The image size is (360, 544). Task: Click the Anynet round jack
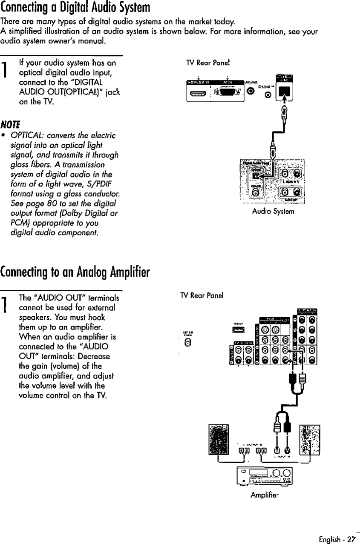[251, 90]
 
